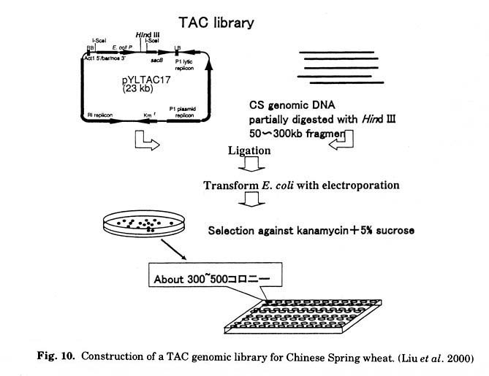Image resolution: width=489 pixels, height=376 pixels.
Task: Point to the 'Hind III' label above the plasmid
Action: pyautogui.click(x=148, y=34)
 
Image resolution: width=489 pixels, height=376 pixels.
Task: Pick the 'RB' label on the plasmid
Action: pyautogui.click(x=90, y=46)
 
